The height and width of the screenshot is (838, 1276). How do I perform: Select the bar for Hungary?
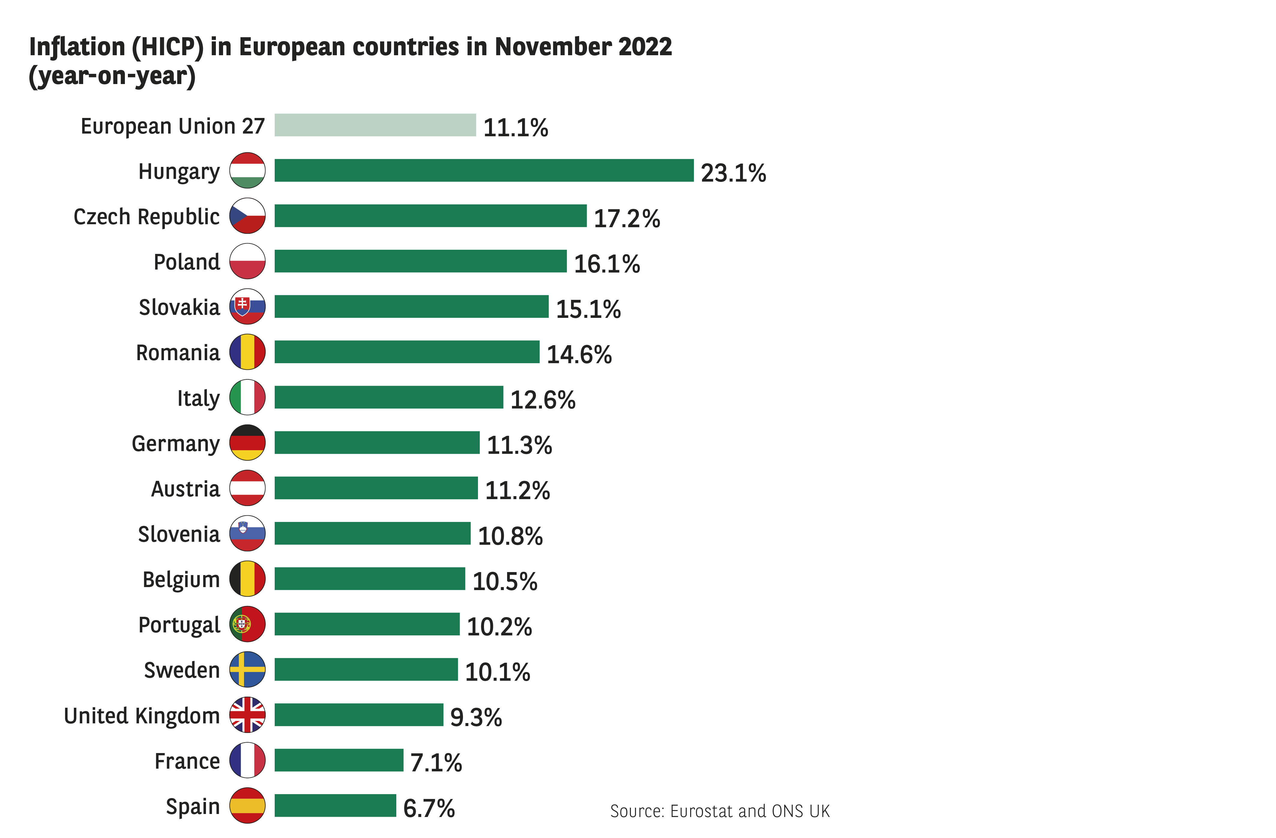pyautogui.click(x=484, y=170)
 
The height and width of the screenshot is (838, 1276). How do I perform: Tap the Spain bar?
pyautogui.click(x=335, y=805)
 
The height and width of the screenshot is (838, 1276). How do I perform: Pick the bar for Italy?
pyautogui.click(x=389, y=397)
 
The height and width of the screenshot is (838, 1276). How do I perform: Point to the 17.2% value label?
pyautogui.click(x=627, y=219)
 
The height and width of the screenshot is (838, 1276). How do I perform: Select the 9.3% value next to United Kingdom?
pyautogui.click(x=476, y=717)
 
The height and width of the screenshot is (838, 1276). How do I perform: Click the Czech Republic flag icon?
pyautogui.click(x=247, y=216)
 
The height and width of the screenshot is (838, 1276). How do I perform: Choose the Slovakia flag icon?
pyautogui.click(x=247, y=306)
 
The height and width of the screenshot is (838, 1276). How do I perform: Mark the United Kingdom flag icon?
pyautogui.click(x=247, y=715)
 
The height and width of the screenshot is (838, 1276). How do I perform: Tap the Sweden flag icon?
pyautogui.click(x=247, y=669)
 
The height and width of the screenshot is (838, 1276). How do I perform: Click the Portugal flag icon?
pyautogui.click(x=247, y=624)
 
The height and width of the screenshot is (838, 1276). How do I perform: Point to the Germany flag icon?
pyautogui.click(x=247, y=443)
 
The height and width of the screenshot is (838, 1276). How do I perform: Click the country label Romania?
pyautogui.click(x=178, y=353)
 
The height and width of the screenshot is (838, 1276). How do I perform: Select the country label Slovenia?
pyautogui.click(x=179, y=534)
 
